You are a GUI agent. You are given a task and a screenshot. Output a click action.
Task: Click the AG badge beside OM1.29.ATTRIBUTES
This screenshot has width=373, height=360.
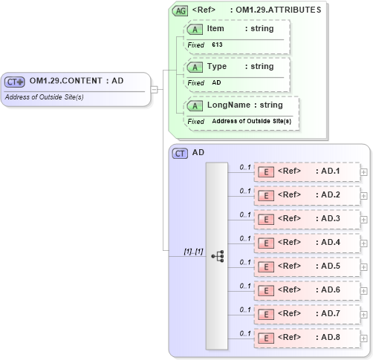pyautogui.click(x=180, y=10)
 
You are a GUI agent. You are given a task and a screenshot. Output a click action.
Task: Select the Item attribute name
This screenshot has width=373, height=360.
pyautogui.click(x=215, y=29)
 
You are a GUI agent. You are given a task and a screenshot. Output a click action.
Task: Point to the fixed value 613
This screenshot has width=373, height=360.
pyautogui.click(x=217, y=45)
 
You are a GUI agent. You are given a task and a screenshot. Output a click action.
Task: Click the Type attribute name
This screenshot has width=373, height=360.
pyautogui.click(x=217, y=67)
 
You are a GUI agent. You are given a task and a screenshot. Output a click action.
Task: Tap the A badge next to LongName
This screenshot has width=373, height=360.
pyautogui.click(x=195, y=105)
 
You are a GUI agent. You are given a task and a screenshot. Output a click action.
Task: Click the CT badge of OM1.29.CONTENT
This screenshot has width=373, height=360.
pyautogui.click(x=16, y=81)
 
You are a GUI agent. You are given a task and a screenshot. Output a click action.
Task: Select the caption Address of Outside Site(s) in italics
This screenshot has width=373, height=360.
pyautogui.click(x=44, y=97)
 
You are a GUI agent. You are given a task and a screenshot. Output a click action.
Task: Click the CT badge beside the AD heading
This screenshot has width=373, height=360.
pyautogui.click(x=180, y=153)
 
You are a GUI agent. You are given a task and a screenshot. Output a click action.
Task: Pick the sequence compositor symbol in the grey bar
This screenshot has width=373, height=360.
pyautogui.click(x=217, y=255)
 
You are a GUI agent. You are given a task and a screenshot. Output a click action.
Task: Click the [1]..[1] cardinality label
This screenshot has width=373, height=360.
pyautogui.click(x=193, y=251)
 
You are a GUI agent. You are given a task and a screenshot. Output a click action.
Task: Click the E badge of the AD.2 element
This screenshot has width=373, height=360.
pyautogui.click(x=265, y=195)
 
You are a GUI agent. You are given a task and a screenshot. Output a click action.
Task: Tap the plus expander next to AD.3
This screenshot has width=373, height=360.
pyautogui.click(x=363, y=219)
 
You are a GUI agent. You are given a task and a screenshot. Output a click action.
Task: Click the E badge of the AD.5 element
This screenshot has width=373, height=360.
pyautogui.click(x=265, y=266)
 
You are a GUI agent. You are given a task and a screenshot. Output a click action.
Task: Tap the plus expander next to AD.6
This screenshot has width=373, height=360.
pyautogui.click(x=363, y=290)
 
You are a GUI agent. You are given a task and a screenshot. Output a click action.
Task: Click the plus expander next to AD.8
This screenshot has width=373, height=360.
pyautogui.click(x=363, y=338)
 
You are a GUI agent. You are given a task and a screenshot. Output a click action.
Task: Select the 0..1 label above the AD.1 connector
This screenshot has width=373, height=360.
pyautogui.click(x=244, y=167)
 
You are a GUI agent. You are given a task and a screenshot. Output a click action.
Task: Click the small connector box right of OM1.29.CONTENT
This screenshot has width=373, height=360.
pyautogui.click(x=154, y=90)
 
